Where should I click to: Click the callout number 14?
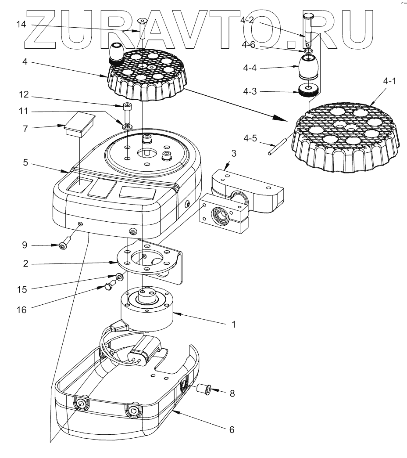tap(21, 25)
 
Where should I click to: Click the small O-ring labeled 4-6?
tap(309, 52)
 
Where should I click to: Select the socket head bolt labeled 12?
tap(127, 112)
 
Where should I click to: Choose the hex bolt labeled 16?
tap(108, 286)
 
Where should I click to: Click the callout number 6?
tap(232, 429)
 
